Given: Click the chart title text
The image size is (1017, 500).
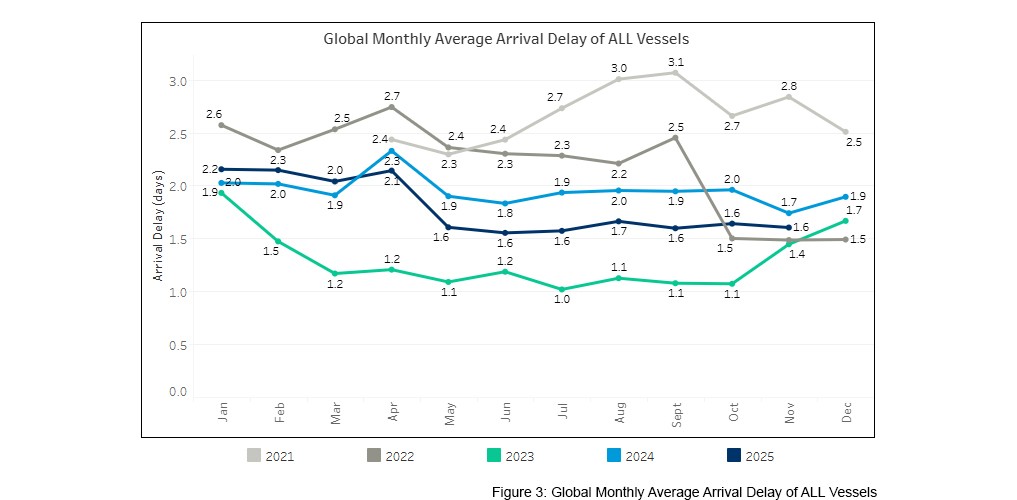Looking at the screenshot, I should point(506,40).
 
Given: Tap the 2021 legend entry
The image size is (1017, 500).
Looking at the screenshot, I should point(270,456).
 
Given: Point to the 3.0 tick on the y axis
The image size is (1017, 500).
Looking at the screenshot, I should point(176,81).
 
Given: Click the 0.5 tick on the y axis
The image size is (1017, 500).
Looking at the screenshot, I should point(176,345).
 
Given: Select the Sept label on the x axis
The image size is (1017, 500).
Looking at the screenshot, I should point(676,415).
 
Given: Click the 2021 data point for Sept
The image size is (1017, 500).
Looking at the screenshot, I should point(676,73).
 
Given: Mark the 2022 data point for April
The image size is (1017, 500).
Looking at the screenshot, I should point(391,107).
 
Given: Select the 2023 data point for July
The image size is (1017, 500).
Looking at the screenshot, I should point(562,290).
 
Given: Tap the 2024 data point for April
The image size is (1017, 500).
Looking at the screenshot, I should point(391,150).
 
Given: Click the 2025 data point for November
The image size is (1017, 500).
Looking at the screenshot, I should point(790,228).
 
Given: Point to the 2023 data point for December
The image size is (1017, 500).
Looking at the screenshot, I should point(847,221).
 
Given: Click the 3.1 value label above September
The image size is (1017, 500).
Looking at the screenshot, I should point(676,60).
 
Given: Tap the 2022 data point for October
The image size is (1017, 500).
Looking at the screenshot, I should point(733,238).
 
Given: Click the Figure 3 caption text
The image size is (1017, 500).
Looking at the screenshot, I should point(684,492).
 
